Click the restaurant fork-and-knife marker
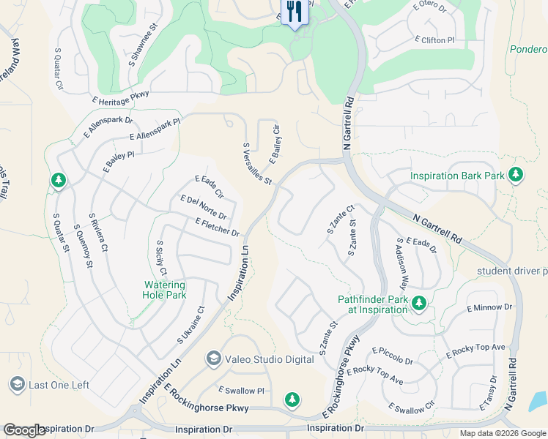tap(295, 12)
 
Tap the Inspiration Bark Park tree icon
tap(516, 174)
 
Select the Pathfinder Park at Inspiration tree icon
tap(418, 302)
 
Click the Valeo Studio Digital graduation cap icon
tap(213, 358)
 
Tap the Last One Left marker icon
tap(17, 384)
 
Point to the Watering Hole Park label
tap(164, 290)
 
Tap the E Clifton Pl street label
tap(440, 40)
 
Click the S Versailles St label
tap(257, 164)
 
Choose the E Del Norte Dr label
tap(203, 207)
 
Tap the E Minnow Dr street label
tap(488, 308)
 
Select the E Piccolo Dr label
tap(393, 356)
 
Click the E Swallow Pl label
tap(241, 390)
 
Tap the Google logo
tap(23, 430)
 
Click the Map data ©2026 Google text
tap(503, 433)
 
